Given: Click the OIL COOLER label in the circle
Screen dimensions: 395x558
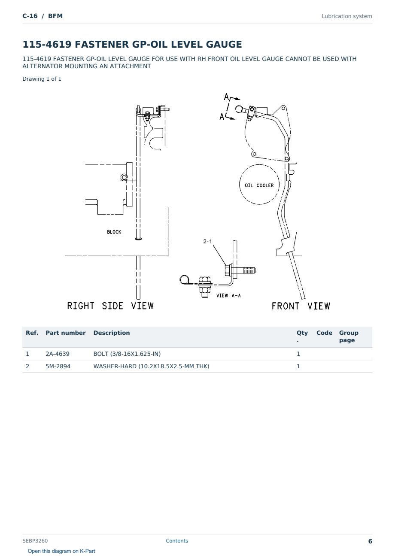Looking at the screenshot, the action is point(259,185).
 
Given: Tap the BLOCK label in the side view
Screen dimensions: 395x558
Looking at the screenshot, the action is point(114,232).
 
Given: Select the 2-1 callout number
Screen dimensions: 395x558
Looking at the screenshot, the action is point(207,241).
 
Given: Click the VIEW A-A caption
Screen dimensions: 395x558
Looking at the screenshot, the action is point(228,295).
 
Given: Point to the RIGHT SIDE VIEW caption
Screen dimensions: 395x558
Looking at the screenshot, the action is point(110,306).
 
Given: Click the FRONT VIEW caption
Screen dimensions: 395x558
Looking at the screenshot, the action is point(301,306).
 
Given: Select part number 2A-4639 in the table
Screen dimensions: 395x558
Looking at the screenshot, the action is point(58,354).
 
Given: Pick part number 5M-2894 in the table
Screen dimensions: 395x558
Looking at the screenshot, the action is point(58,366).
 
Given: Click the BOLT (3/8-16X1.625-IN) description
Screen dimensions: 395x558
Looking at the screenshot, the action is point(127,354).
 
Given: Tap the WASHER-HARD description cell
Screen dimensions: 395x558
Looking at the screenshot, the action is point(151,366).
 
